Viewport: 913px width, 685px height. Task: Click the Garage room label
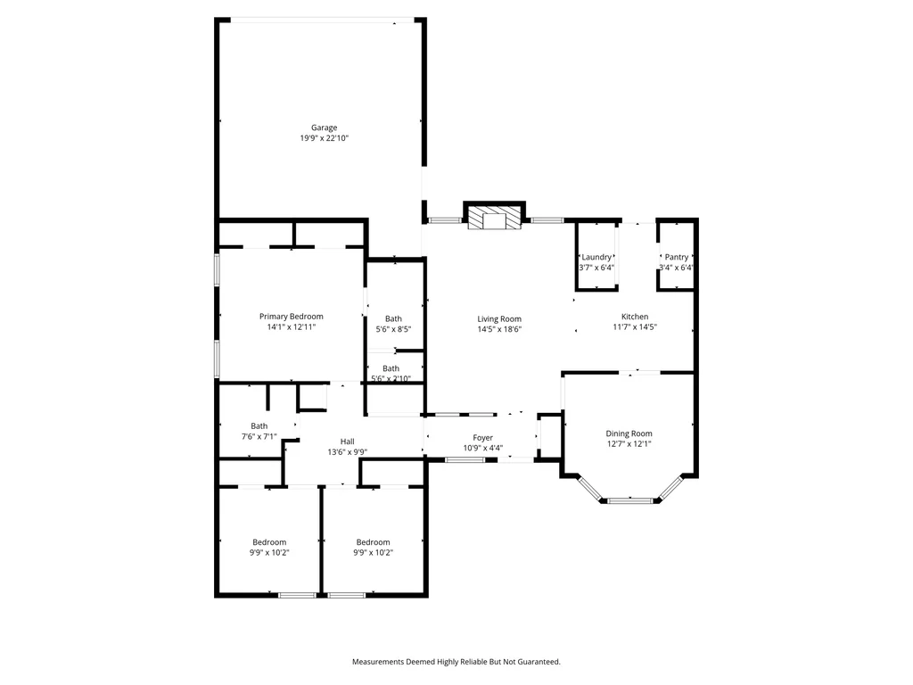[324, 128]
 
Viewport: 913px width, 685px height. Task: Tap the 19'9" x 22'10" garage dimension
[324, 138]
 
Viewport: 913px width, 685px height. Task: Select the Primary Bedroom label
[292, 317]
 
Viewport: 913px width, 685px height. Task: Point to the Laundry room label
[596, 257]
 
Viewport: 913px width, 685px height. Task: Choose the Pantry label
[677, 257]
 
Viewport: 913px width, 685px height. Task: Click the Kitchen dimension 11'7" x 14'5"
[635, 326]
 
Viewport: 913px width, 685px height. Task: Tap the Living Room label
[499, 318]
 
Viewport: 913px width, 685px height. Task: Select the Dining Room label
[629, 433]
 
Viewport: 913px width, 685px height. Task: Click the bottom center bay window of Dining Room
[630, 499]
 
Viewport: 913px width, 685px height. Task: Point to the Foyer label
[482, 437]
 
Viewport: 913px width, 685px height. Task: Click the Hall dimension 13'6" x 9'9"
[347, 452]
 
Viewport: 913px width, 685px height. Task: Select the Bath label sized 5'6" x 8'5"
[393, 318]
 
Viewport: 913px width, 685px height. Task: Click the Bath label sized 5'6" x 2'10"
[391, 368]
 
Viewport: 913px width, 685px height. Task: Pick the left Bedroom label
[269, 542]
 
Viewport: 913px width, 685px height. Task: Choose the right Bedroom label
[374, 542]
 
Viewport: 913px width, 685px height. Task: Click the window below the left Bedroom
[297, 595]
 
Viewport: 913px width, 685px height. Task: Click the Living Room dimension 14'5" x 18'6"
[499, 329]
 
